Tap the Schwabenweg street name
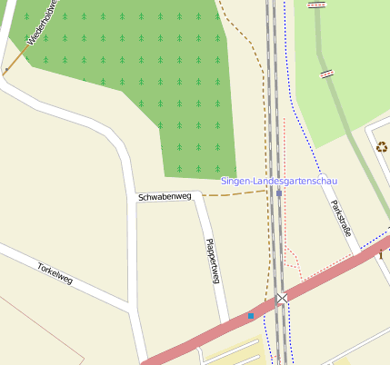point(165,197)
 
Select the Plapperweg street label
point(213,261)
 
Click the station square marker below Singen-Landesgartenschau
point(278,192)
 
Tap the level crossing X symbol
point(282,298)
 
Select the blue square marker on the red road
point(251,316)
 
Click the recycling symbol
point(382,145)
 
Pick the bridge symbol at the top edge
point(316,5)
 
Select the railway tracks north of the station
point(272,91)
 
